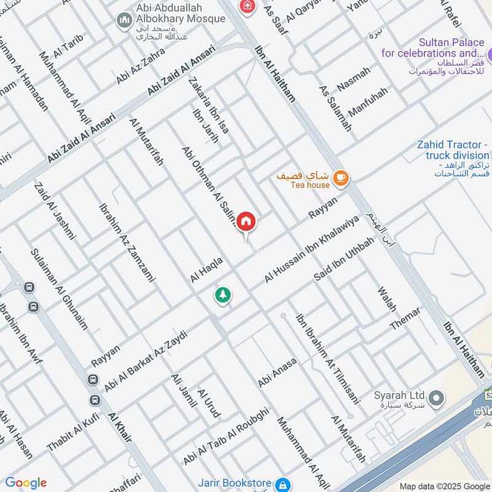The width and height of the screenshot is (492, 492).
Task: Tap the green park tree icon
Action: pos(223,295)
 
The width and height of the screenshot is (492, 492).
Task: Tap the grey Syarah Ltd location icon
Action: pos(436,398)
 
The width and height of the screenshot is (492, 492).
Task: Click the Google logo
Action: pos(25,483)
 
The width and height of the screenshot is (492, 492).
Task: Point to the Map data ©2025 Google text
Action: pos(452,485)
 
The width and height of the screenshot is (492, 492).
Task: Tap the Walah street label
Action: pos(387,299)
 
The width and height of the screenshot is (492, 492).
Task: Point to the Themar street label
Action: pos(405,319)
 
